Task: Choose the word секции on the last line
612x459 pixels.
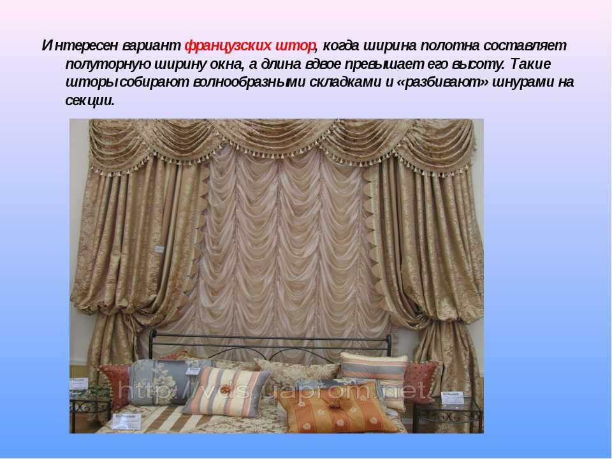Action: (90, 100)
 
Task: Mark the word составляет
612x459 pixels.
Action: (525, 46)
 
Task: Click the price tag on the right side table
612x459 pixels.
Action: (453, 398)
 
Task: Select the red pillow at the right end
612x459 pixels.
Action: (421, 381)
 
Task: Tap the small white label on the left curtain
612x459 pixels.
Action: (159, 249)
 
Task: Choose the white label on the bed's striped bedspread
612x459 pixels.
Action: (126, 421)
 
